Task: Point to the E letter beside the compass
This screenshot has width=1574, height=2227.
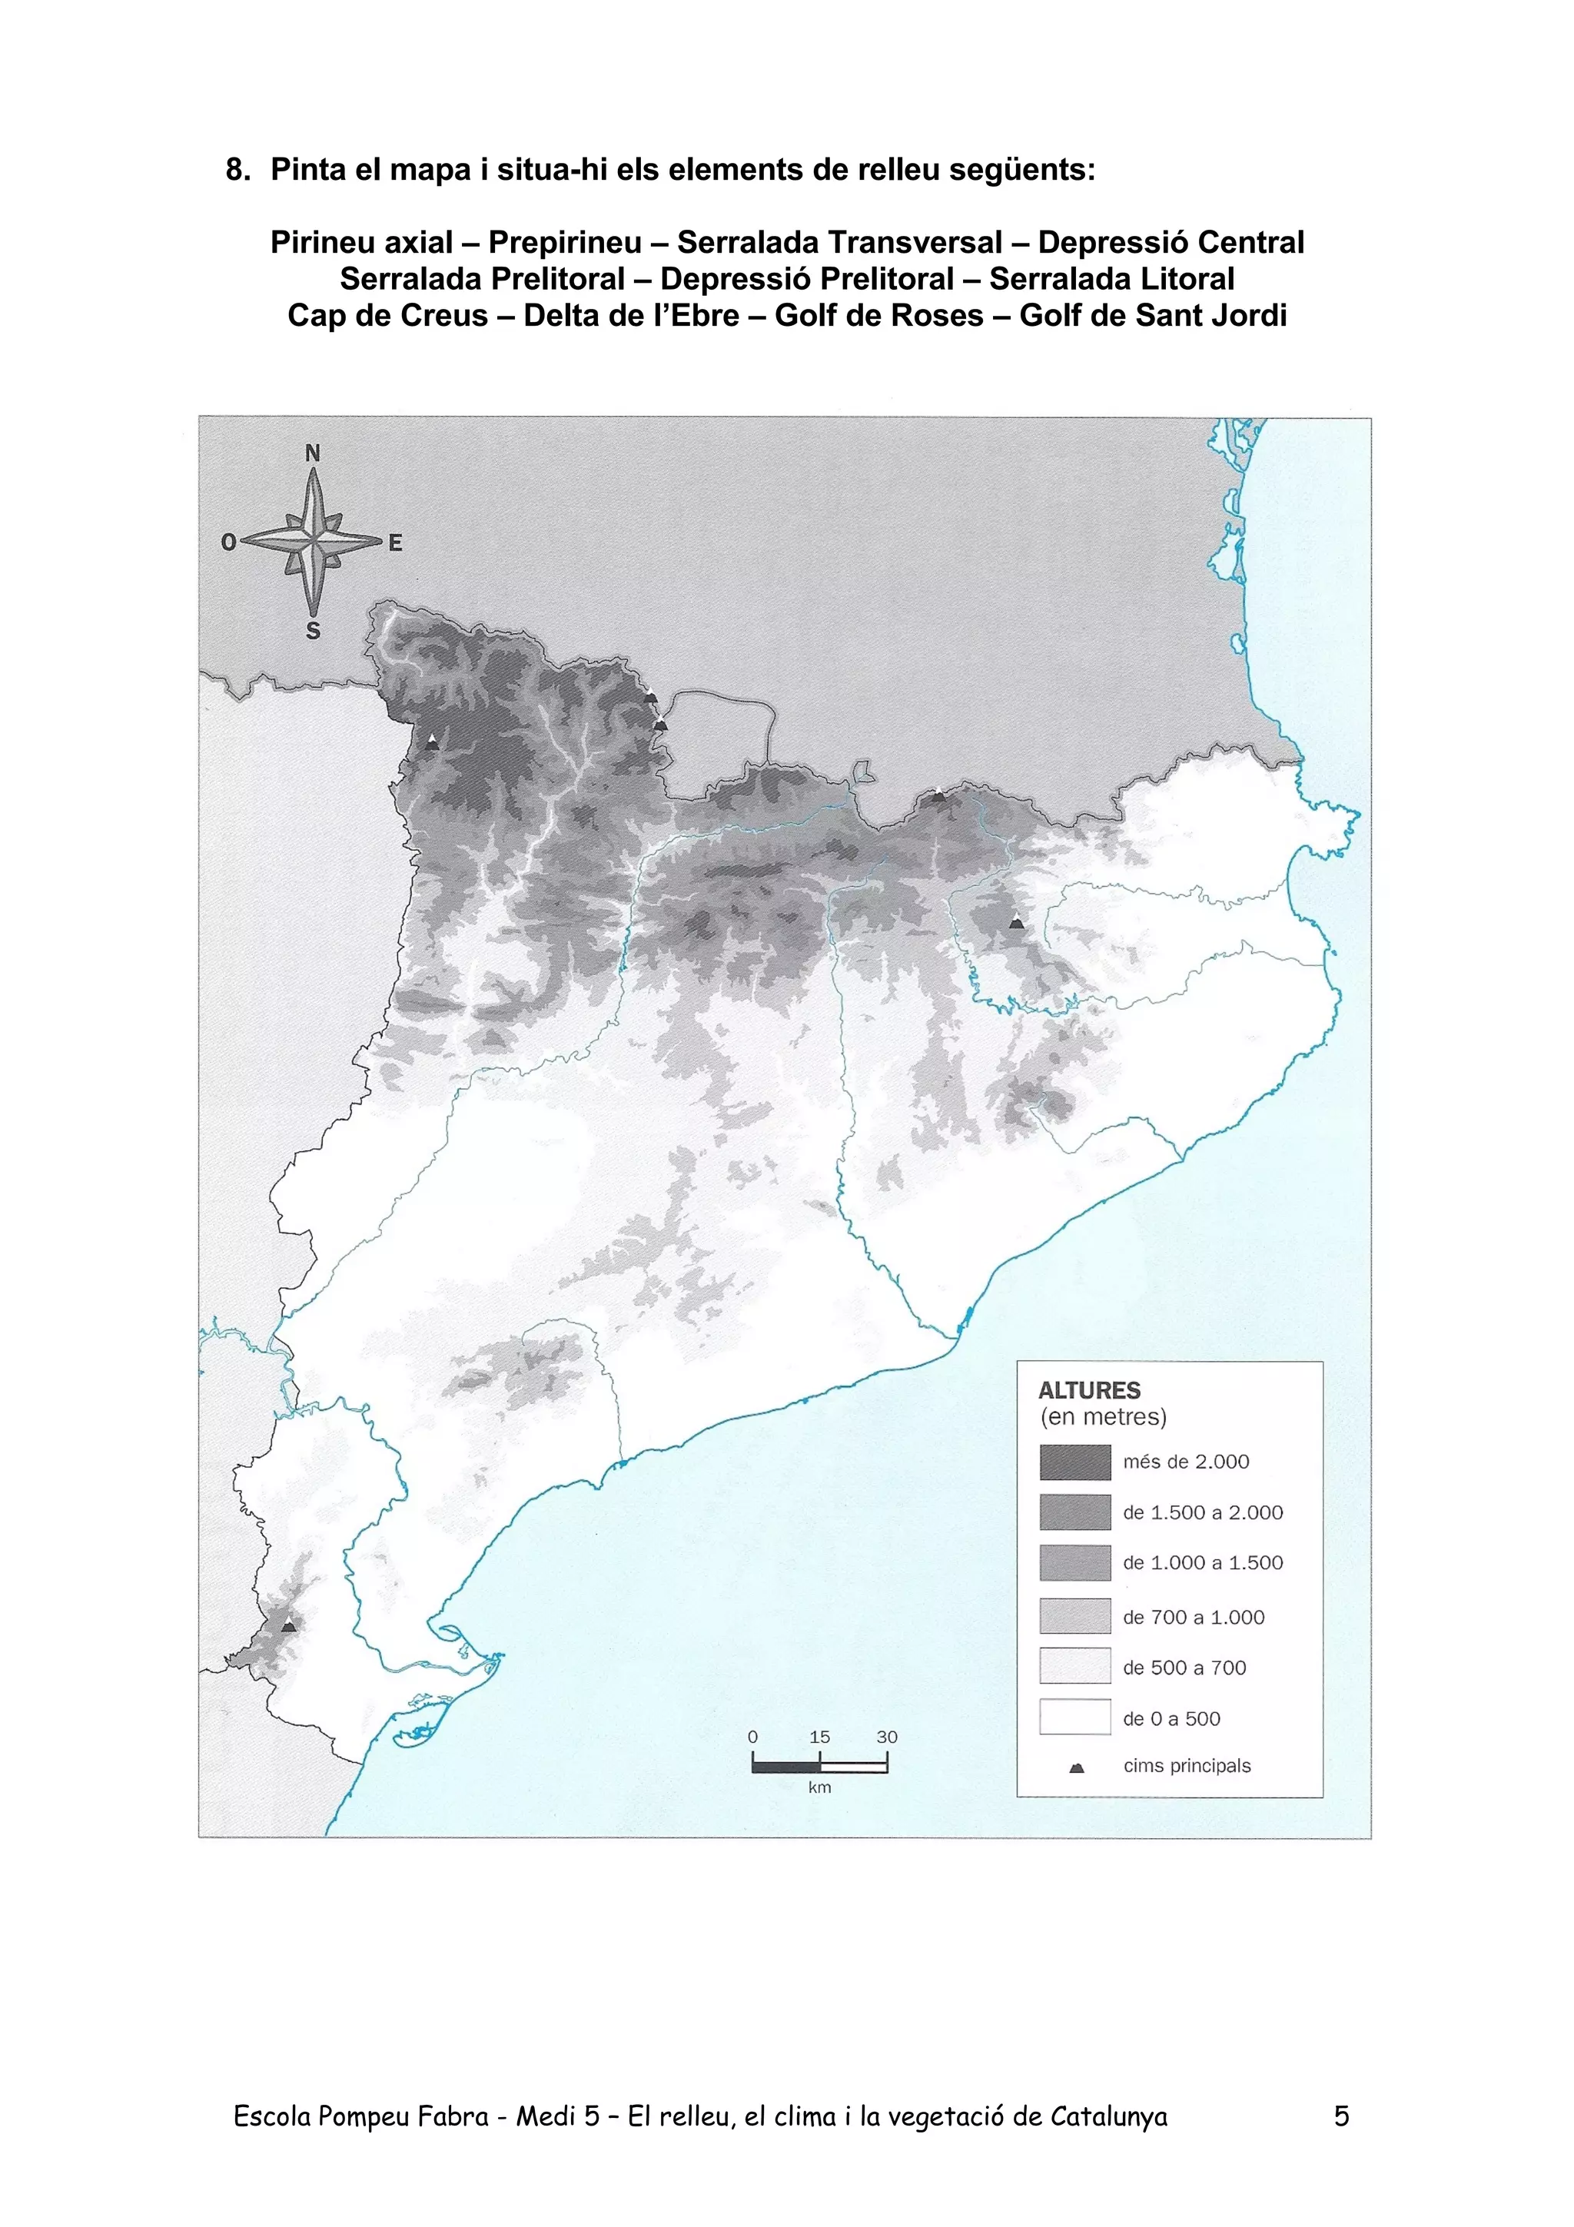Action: point(395,544)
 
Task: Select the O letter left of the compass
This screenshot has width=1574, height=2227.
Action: point(229,543)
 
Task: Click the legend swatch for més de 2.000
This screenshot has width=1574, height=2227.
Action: point(1074,1462)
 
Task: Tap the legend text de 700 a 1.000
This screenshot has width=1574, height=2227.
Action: point(1193,1617)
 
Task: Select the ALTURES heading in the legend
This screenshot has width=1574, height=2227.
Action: point(1089,1390)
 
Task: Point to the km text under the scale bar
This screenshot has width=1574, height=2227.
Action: point(819,1787)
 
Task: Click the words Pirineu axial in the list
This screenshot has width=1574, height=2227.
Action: point(362,243)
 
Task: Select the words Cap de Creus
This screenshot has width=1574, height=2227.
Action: point(388,316)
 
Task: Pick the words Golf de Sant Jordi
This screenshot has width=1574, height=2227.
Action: point(1153,316)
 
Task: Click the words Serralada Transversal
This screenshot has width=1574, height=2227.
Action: point(840,243)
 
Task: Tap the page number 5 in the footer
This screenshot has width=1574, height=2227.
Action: point(1341,2116)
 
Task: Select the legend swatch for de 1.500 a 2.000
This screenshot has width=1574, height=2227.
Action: point(1074,1512)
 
